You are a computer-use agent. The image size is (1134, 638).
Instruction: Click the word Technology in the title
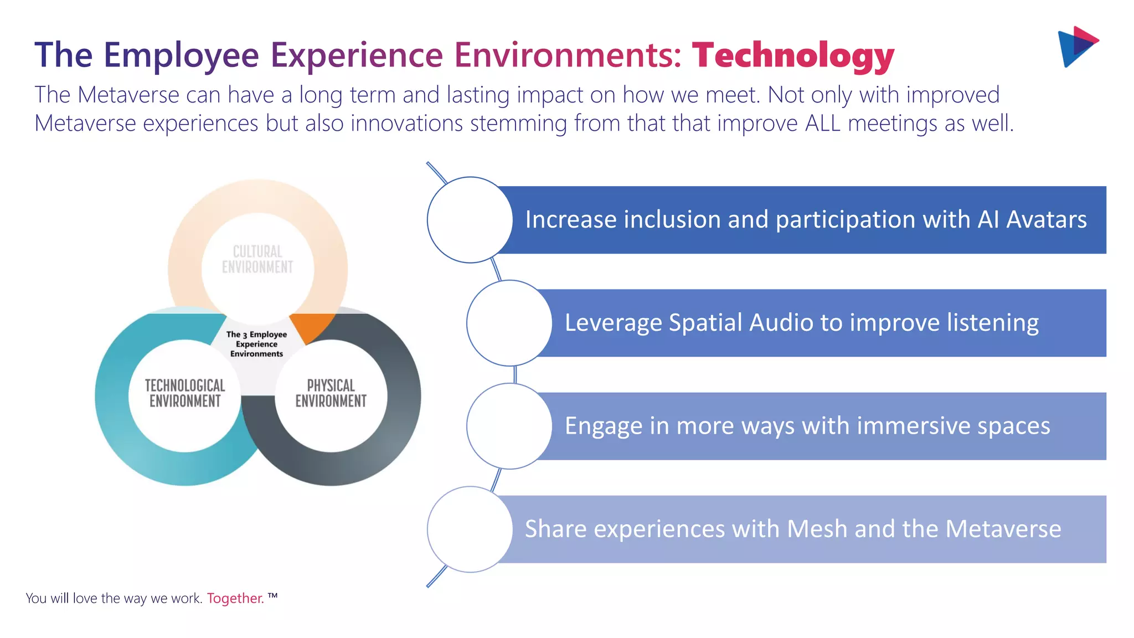click(793, 56)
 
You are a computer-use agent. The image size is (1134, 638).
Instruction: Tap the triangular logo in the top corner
click(1077, 47)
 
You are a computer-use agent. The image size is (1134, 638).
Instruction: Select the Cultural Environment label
click(257, 259)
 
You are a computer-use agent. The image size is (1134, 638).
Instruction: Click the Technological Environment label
click(185, 393)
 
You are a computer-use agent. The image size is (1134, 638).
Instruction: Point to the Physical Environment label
click(331, 393)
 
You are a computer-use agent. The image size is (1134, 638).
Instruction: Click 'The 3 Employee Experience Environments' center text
click(256, 344)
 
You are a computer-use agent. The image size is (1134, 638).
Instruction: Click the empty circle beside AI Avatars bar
click(470, 220)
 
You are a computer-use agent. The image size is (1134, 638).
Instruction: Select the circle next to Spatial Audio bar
click(509, 323)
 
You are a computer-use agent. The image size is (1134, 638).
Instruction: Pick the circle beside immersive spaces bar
click(509, 426)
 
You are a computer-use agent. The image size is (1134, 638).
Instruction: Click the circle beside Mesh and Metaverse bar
click(470, 529)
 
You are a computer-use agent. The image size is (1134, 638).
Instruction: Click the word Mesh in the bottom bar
click(817, 529)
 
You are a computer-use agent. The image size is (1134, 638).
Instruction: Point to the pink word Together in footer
click(235, 598)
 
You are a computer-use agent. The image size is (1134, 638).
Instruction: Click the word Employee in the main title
click(181, 56)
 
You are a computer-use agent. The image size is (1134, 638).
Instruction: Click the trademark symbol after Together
click(272, 596)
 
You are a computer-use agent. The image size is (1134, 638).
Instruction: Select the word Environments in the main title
click(568, 56)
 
